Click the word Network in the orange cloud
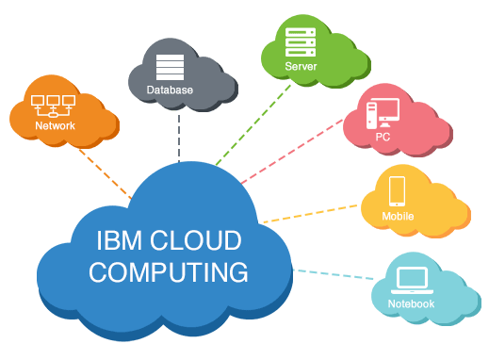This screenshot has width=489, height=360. (55, 125)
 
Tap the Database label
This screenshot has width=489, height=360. (170, 90)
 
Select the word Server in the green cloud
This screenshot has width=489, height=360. (301, 66)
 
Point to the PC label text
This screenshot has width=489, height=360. (383, 137)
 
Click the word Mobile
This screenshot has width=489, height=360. (398, 216)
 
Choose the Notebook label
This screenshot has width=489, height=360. (411, 303)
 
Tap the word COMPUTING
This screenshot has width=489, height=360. (169, 272)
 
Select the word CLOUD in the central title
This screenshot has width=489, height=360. (195, 240)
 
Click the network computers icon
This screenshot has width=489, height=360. (53, 106)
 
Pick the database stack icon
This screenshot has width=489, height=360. (170, 67)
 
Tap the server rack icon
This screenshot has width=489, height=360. (301, 42)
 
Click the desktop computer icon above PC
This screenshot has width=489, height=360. (383, 113)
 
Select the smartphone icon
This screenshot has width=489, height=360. (397, 191)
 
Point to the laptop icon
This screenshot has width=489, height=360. (412, 281)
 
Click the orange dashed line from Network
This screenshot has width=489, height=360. (106, 174)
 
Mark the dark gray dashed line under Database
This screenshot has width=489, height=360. (179, 139)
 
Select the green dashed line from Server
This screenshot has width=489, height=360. (253, 124)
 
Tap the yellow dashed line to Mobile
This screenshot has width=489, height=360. (310, 214)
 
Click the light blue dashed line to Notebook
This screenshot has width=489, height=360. (334, 274)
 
